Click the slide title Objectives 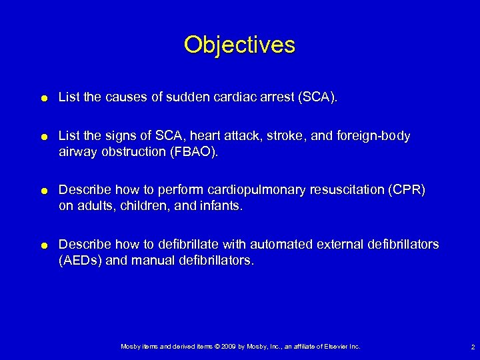coord(239,45)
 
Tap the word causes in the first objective coord(121,97)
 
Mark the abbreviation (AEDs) coord(80,260)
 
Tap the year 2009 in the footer coord(225,347)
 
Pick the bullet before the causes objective coord(43,98)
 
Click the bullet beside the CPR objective coord(43,191)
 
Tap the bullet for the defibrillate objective coord(43,245)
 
